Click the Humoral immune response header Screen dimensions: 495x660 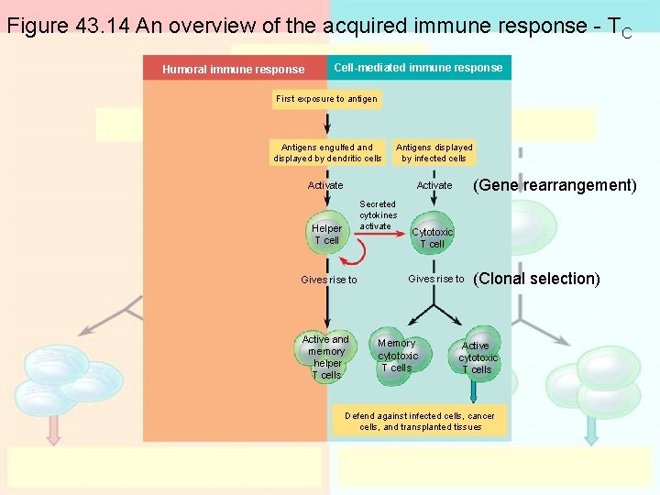point(234,69)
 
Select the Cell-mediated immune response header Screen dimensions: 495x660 point(418,68)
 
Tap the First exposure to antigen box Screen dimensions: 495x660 point(327,99)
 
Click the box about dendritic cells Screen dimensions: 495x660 point(327,153)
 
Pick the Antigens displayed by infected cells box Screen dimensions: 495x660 point(434,153)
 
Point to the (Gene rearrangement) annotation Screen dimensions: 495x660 point(554,185)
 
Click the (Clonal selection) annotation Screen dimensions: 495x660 point(536,279)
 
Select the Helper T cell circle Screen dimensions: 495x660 point(326,234)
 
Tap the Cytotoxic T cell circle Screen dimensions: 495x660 point(432,237)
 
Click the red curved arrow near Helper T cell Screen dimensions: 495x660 point(351,251)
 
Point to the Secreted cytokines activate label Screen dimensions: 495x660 point(377,215)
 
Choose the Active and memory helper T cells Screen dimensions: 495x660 point(326,357)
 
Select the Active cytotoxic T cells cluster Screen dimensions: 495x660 point(477,357)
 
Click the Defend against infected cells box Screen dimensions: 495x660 point(419,422)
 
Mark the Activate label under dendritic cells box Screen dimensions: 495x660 point(325,186)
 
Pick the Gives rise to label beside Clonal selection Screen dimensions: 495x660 point(435,279)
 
